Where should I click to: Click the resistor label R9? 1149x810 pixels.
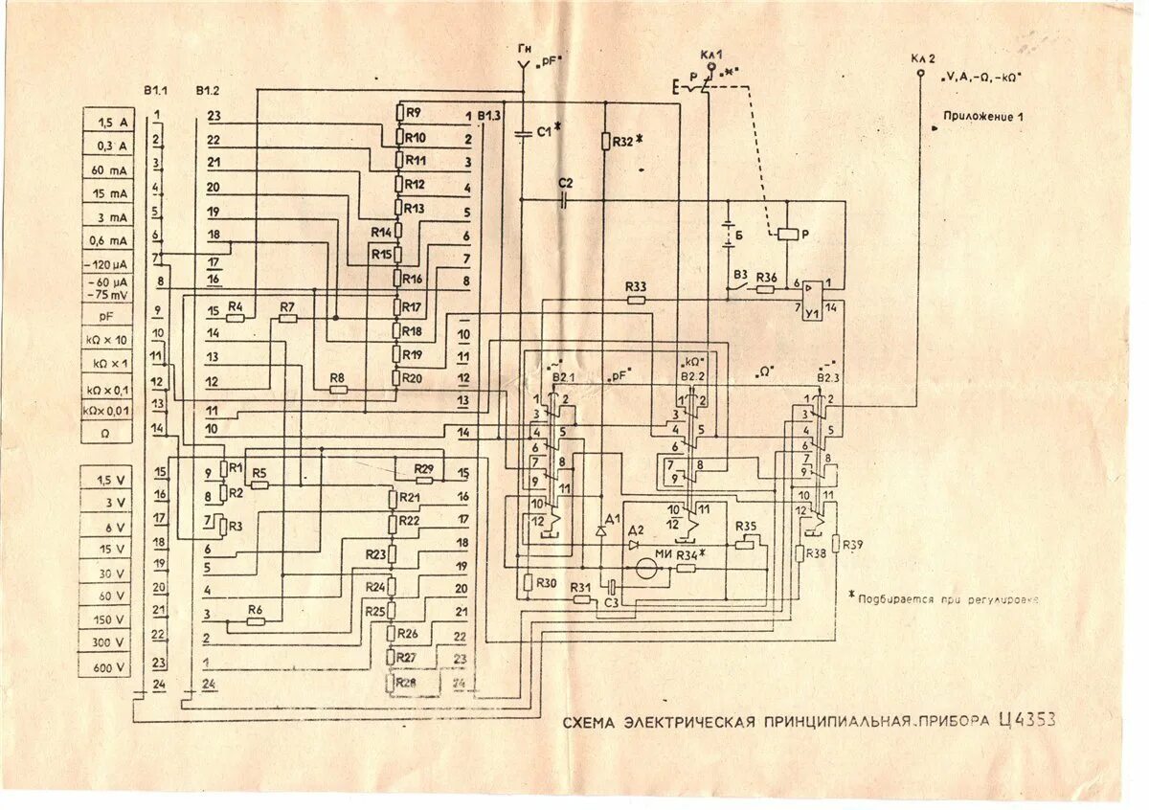click(x=414, y=112)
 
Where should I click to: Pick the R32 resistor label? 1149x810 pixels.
click(x=623, y=140)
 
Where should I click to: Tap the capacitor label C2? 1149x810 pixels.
click(x=565, y=183)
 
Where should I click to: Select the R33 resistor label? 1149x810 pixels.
click(x=635, y=286)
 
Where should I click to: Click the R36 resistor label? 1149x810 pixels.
click(x=766, y=278)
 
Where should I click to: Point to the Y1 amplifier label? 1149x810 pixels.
click(x=812, y=312)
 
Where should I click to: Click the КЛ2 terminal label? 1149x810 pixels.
click(x=920, y=58)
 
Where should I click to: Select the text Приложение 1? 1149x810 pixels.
click(x=983, y=116)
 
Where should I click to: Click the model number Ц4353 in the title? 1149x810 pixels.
click(x=1026, y=720)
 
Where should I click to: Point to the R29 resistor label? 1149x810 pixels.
click(x=424, y=468)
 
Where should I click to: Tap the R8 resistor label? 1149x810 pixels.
click(x=337, y=379)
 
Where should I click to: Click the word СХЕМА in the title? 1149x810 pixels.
click(x=589, y=722)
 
